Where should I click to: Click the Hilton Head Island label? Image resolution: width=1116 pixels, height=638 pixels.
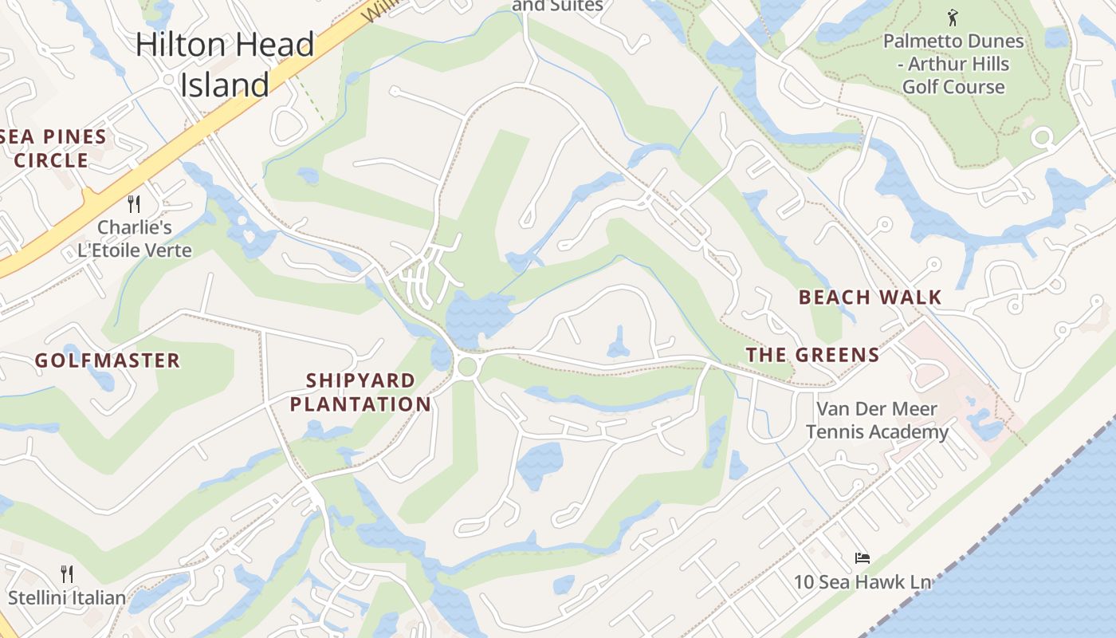click(x=226, y=65)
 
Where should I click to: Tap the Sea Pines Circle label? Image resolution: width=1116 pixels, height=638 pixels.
click(x=53, y=148)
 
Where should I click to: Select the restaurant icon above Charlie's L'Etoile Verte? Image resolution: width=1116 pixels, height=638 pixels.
click(x=134, y=204)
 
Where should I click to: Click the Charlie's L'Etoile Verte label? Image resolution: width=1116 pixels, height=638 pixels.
click(x=135, y=239)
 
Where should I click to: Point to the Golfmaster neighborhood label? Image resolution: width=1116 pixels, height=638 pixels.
click(x=108, y=360)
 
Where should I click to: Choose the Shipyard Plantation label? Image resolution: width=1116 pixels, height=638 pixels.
click(x=360, y=392)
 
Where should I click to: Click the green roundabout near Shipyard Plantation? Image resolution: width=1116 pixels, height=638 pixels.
click(x=467, y=367)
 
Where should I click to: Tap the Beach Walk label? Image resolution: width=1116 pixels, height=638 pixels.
click(x=870, y=297)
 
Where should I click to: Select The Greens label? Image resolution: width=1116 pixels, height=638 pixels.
click(x=812, y=355)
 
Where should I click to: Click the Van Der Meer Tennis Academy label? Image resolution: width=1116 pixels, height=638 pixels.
click(x=877, y=420)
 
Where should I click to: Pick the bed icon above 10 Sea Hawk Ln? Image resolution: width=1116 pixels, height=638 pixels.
click(x=862, y=558)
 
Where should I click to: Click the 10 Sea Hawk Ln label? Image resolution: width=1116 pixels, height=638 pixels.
click(x=863, y=582)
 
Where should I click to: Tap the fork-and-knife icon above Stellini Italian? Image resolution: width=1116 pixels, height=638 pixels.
click(x=67, y=573)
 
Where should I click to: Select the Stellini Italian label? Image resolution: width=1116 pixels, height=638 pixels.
click(x=67, y=597)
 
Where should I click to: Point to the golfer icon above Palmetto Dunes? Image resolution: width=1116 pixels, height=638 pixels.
click(x=952, y=17)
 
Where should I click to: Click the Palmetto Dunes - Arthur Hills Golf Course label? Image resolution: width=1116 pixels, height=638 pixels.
click(x=953, y=64)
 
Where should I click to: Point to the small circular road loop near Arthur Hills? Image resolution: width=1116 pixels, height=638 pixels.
click(x=1042, y=138)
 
